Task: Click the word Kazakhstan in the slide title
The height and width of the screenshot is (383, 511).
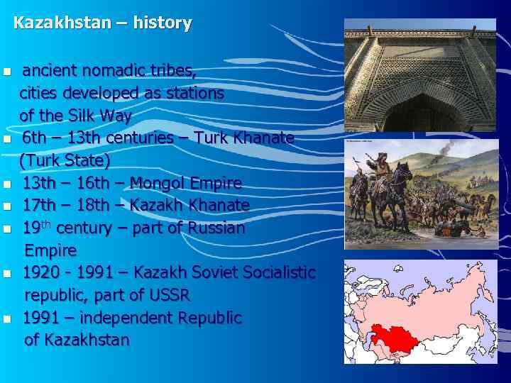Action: pyautogui.click(x=62, y=23)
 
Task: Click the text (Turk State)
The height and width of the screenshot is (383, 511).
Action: pyautogui.click(x=65, y=160)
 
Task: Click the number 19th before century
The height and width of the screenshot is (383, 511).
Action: pyautogui.click(x=37, y=228)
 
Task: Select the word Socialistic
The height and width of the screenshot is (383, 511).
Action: pyautogui.click(x=278, y=272)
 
